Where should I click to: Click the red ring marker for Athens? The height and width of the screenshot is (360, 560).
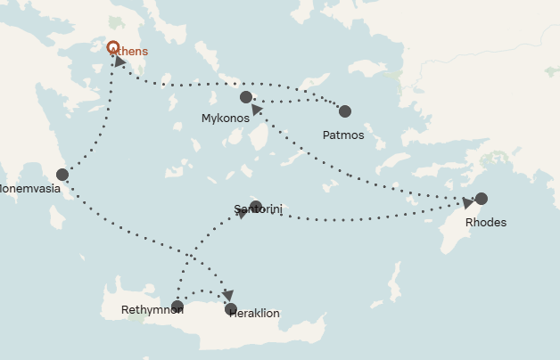(112, 47)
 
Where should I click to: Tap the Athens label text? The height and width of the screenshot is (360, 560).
(129, 52)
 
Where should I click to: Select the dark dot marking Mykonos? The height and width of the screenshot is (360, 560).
(246, 96)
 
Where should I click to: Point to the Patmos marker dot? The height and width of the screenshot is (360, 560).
(345, 111)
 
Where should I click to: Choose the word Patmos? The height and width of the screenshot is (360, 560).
(343, 135)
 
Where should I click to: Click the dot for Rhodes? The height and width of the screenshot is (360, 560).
(482, 199)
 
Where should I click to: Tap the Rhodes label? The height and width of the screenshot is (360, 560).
(486, 222)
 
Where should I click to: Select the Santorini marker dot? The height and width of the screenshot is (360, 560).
(256, 208)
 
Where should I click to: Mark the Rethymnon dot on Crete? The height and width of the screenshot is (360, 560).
(177, 307)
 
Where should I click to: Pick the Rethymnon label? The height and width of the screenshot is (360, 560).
(152, 311)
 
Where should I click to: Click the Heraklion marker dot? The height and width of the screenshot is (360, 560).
(232, 309)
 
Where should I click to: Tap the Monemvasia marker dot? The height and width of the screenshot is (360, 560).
(62, 175)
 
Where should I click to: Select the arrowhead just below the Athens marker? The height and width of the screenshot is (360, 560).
(120, 62)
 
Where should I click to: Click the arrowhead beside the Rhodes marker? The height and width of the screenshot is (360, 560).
(468, 203)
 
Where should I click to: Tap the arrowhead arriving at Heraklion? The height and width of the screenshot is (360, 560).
(228, 295)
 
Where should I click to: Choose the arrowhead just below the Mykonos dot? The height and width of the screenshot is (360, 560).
(257, 110)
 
